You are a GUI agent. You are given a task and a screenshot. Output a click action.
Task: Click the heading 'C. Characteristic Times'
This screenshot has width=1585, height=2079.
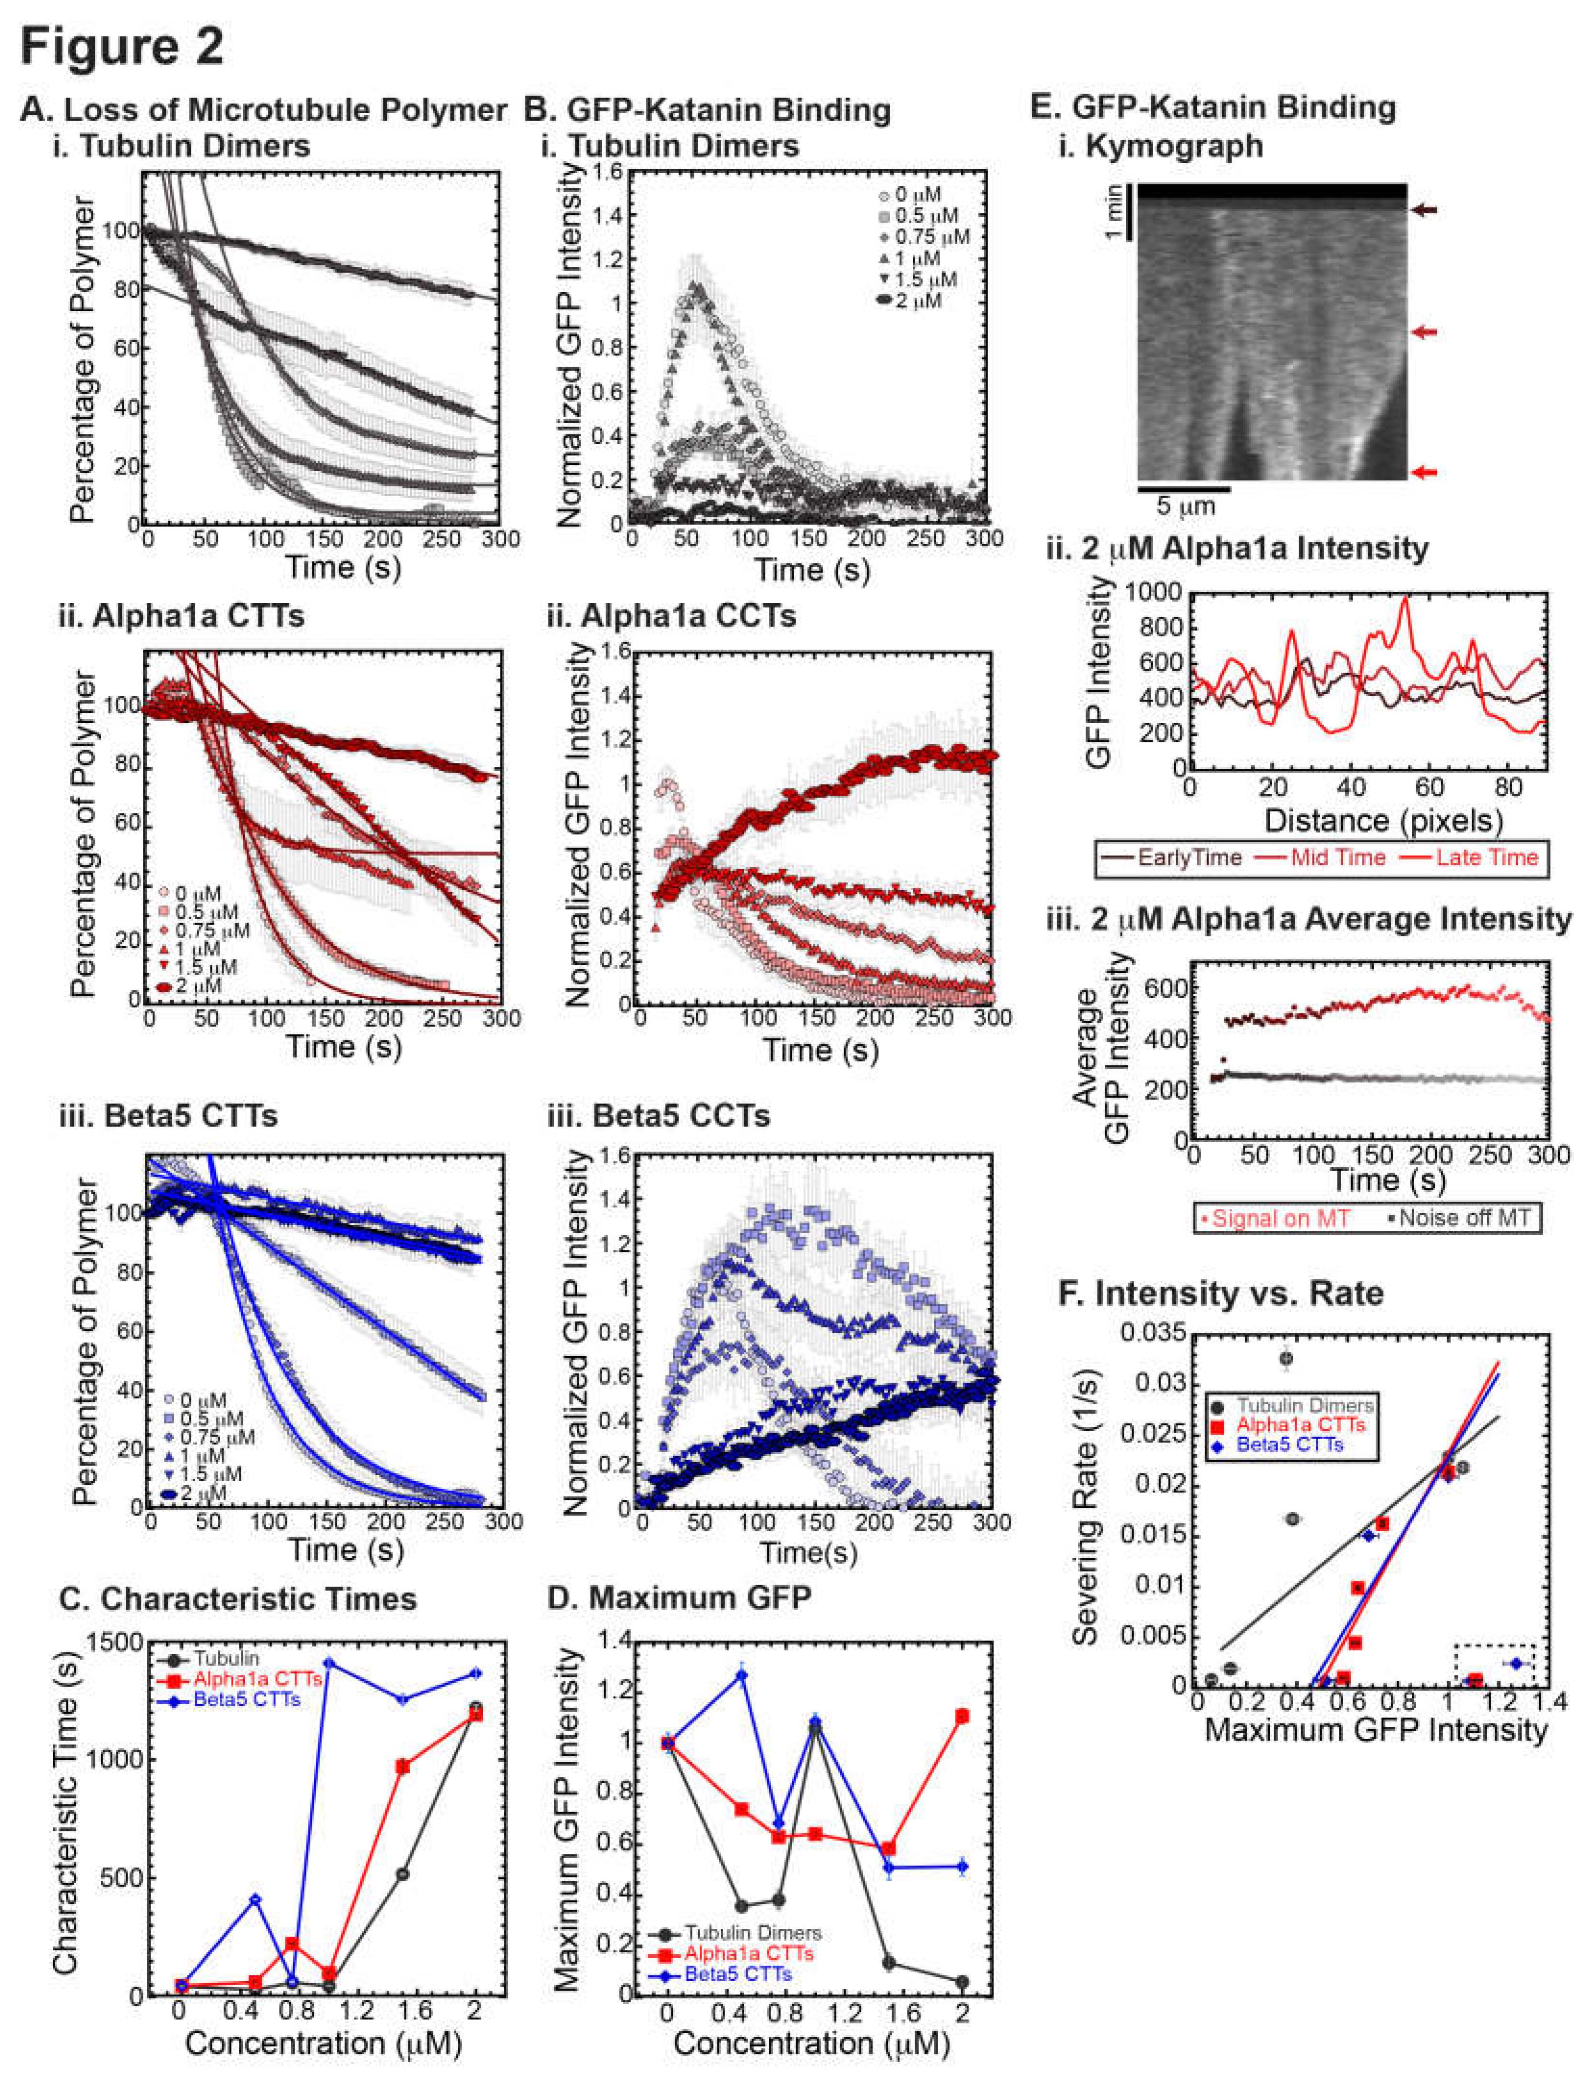tap(237, 1599)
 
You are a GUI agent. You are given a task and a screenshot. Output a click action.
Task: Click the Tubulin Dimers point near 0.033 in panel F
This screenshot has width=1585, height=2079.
tap(1285, 1358)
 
